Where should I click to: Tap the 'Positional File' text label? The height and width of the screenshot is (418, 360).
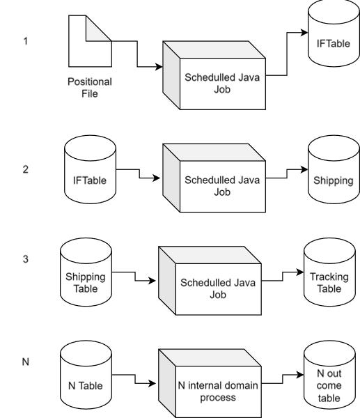point(89,87)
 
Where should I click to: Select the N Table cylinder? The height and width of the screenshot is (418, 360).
point(85,377)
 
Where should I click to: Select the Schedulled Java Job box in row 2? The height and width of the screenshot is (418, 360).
point(222,185)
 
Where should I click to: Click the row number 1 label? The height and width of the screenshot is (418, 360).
point(26,41)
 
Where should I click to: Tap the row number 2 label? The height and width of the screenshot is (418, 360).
point(26,169)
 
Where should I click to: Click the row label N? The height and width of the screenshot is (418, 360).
point(26,362)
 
